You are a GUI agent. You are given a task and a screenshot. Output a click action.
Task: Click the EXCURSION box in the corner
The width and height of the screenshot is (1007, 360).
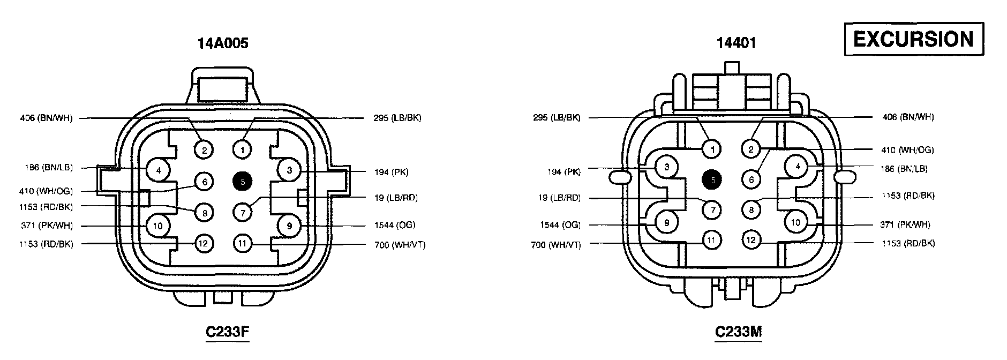tap(914, 39)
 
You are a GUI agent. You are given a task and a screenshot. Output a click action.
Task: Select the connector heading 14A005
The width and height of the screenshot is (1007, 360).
tap(223, 43)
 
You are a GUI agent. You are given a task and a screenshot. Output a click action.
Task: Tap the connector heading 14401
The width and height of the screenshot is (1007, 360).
tap(737, 43)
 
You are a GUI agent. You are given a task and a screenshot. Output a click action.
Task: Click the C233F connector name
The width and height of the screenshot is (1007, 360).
tap(228, 332)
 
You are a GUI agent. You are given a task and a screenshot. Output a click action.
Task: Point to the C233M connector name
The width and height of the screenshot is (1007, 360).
tap(739, 332)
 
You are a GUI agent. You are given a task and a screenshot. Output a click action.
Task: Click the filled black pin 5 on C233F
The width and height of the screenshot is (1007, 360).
tap(243, 182)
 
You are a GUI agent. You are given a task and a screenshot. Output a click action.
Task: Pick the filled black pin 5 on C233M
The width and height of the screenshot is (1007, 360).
tap(712, 181)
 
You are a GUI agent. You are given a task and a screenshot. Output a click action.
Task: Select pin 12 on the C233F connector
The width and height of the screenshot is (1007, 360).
tap(204, 244)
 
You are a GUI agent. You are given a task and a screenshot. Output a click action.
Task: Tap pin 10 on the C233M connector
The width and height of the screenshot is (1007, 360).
tap(796, 222)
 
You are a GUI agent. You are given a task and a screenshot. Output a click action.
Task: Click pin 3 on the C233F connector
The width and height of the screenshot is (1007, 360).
tap(290, 170)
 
